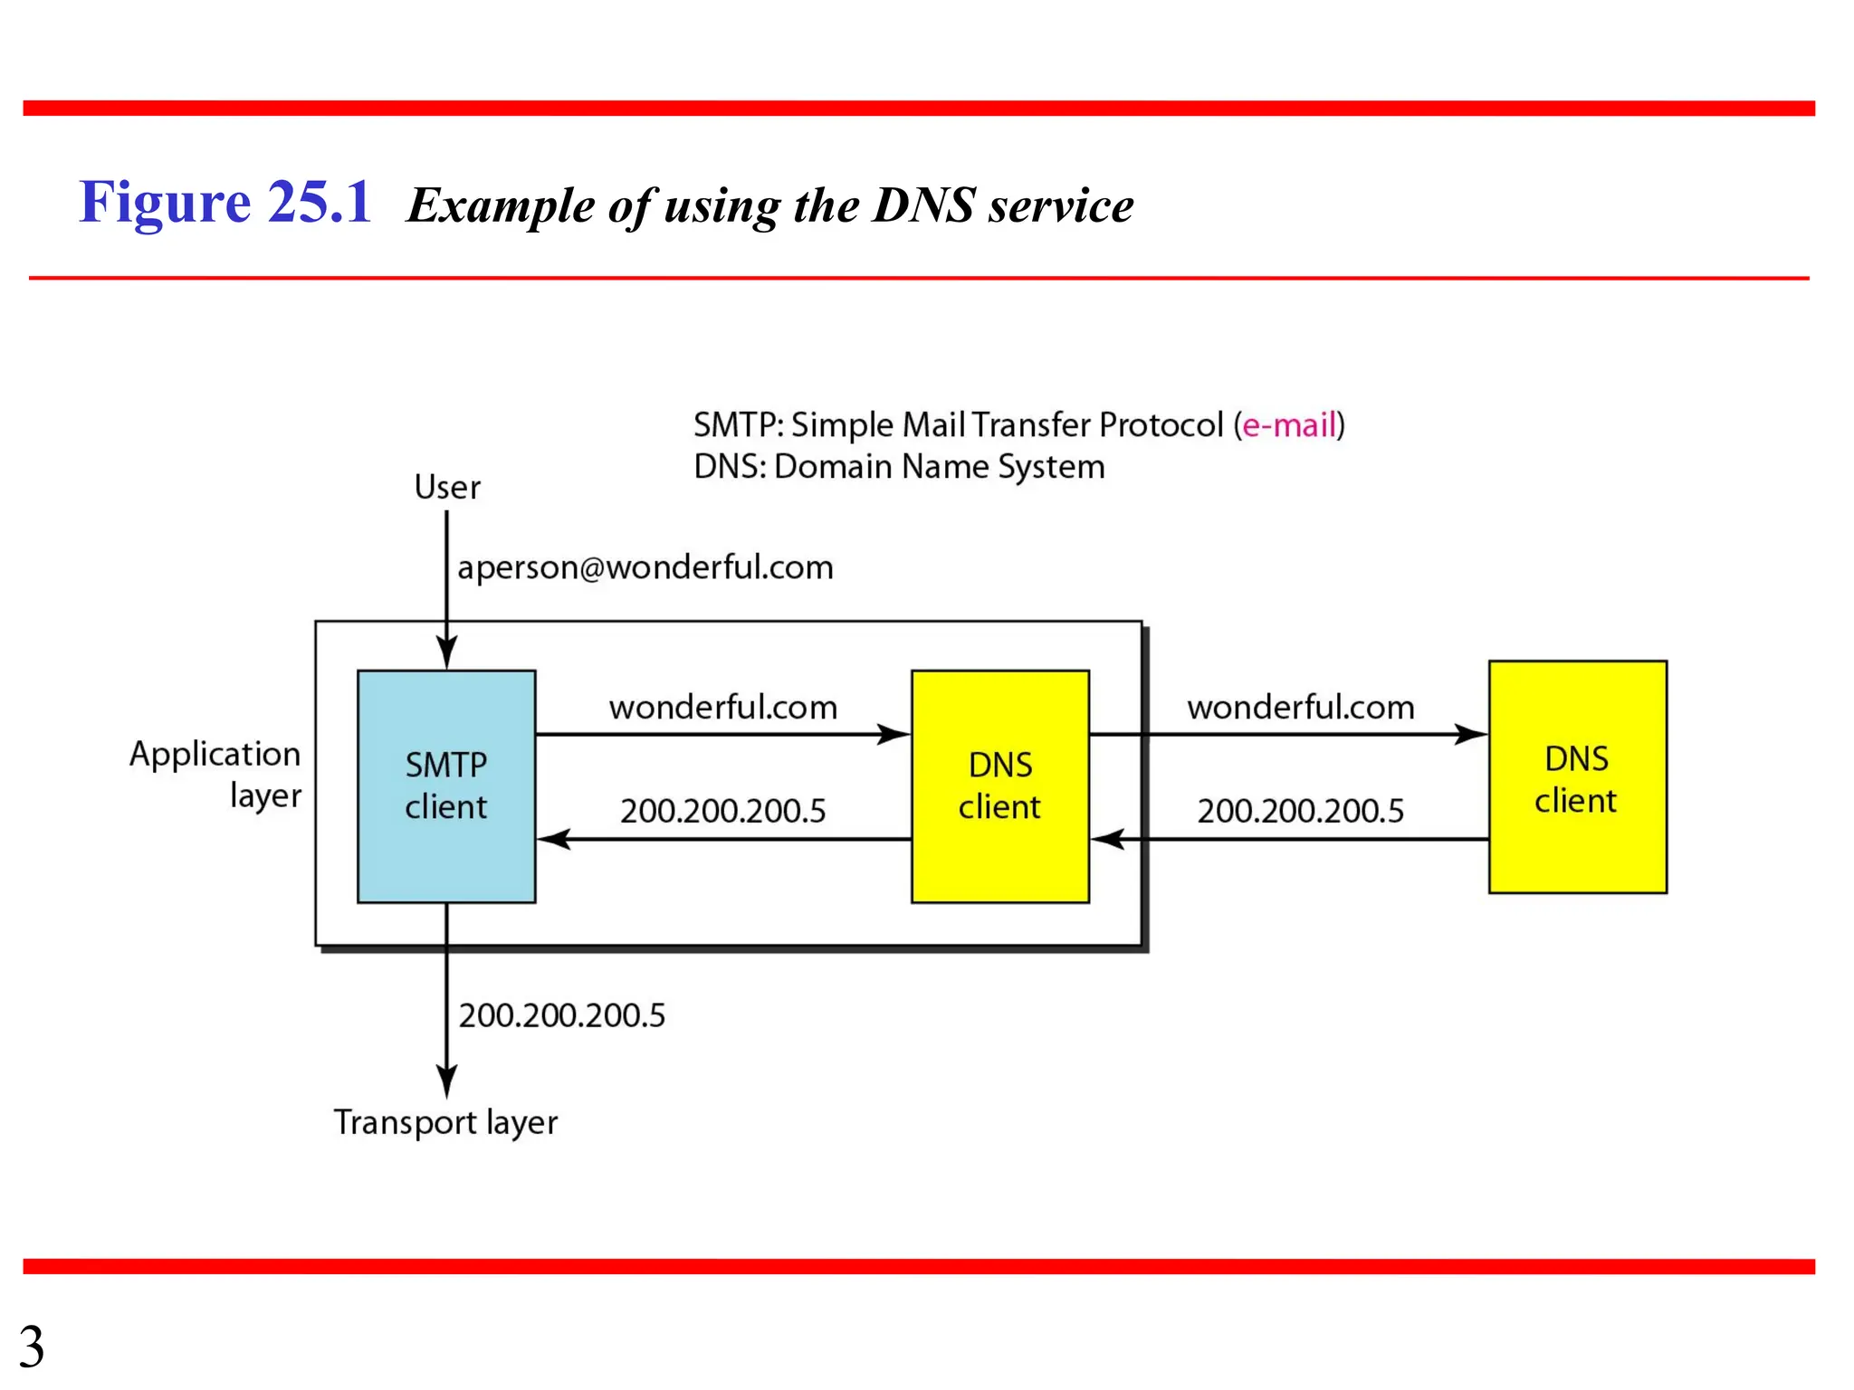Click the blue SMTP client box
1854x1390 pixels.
click(446, 785)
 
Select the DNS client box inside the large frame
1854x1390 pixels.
click(999, 785)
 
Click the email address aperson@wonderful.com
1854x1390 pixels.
click(645, 567)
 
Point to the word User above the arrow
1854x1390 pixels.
click(447, 488)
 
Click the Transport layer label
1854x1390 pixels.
click(445, 1122)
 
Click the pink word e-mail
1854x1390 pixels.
click(1289, 425)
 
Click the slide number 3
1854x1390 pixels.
click(32, 1347)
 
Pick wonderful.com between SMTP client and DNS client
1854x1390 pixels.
click(722, 708)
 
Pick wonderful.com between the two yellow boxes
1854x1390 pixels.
click(1300, 708)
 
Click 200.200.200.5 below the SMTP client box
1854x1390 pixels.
click(561, 1015)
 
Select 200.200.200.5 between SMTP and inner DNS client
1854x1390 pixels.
click(722, 811)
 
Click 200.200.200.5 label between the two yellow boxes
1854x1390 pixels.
click(1300, 811)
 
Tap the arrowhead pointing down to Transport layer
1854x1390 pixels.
click(446, 1081)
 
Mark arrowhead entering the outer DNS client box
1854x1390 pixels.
click(1470, 734)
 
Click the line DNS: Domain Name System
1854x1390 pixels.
click(899, 467)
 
